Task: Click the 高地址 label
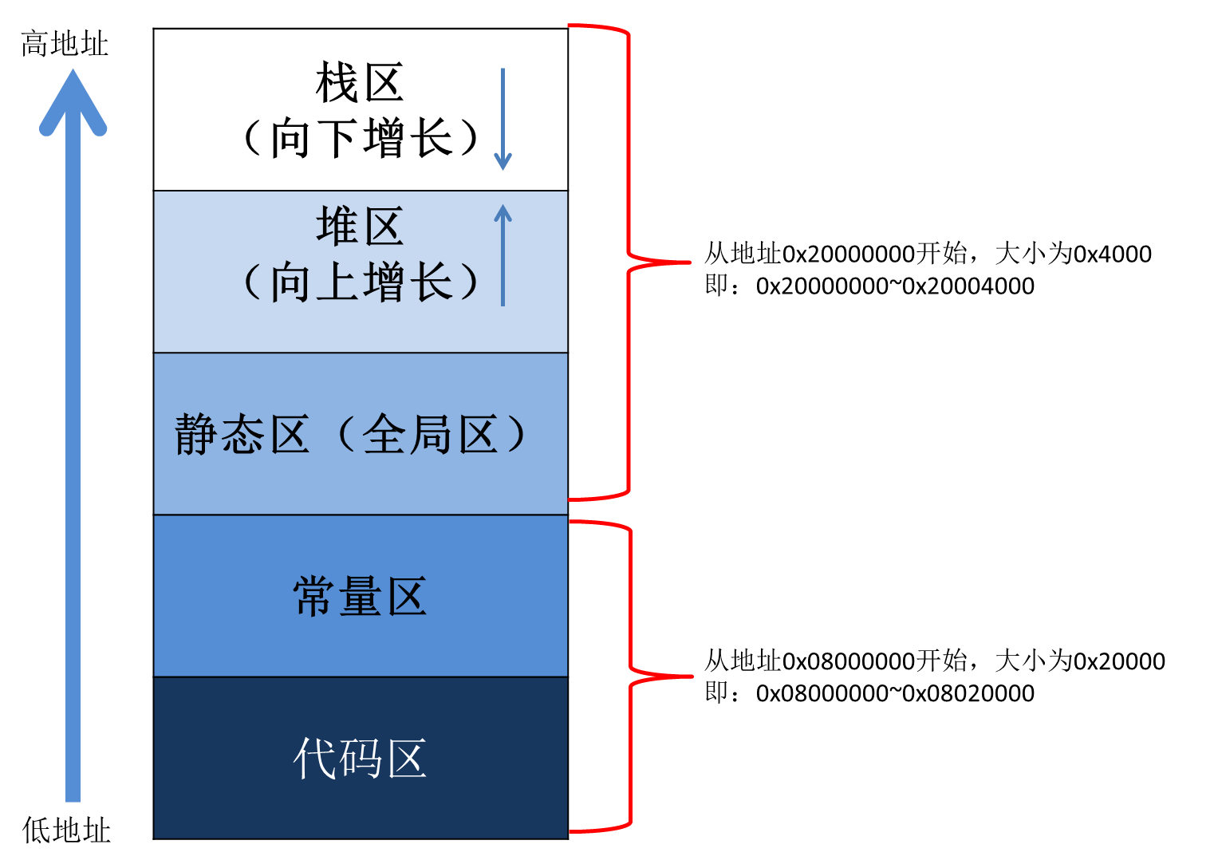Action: tap(64, 43)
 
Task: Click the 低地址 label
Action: tap(66, 830)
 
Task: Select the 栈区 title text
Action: tap(360, 83)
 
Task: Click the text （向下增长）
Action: tap(361, 138)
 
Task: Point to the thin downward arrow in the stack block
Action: tap(503, 120)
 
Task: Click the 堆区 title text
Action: tap(360, 227)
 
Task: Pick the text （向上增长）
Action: tap(361, 282)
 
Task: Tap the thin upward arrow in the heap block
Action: tap(503, 255)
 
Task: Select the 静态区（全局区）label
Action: tap(351, 435)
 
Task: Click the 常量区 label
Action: tap(360, 597)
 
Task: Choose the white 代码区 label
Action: tap(360, 758)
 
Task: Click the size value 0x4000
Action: tap(1113, 254)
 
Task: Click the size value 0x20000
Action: tap(1119, 661)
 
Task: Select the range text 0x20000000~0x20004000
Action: tap(895, 286)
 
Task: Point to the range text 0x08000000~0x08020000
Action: tap(895, 693)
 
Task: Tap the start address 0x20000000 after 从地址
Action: tap(849, 254)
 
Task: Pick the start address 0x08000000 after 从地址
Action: tap(849, 661)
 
